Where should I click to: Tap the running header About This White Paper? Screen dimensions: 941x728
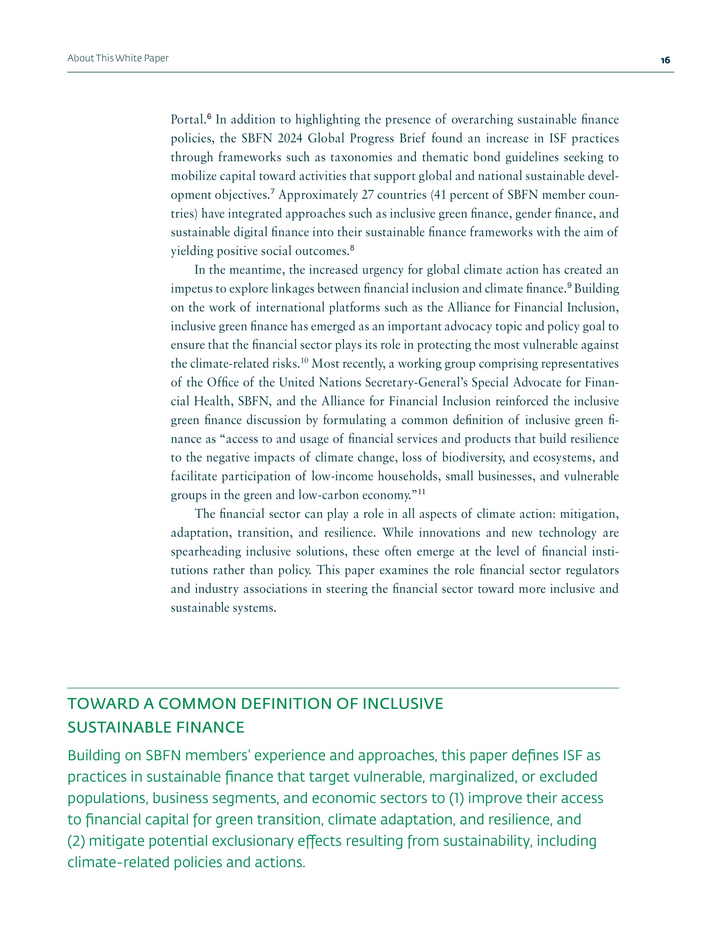118,58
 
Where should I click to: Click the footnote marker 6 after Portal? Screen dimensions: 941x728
209,117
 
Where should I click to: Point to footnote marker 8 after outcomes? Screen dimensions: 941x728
352,248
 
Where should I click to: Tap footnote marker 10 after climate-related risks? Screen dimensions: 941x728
304,361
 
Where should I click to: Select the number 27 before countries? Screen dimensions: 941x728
367,195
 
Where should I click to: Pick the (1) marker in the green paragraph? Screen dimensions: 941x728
456,798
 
